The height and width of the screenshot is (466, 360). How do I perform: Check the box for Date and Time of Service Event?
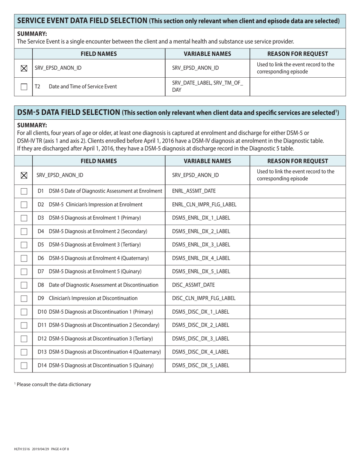24,87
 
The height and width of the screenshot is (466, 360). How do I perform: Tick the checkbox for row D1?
24,191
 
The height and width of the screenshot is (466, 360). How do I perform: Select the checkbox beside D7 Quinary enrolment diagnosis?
24,272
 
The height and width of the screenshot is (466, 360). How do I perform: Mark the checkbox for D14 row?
24,366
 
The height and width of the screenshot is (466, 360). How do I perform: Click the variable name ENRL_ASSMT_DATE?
194,191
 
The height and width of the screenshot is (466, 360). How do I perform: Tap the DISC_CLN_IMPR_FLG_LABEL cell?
204,298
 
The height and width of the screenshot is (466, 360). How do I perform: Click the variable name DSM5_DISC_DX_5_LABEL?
200,366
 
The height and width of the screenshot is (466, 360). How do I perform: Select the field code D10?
42,312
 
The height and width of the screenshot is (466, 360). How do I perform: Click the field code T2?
38,87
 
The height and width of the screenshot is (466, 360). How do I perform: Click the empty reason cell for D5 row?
297,245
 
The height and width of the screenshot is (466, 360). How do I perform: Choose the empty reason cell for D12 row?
297,339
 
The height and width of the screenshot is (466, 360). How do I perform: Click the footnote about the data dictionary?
54,385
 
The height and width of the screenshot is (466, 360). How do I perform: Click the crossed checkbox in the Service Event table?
24,68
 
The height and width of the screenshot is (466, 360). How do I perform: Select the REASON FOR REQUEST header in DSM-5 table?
297,161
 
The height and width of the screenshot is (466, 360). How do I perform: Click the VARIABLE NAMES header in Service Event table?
207,54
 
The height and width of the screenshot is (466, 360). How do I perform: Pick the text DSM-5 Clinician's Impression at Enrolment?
95,205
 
